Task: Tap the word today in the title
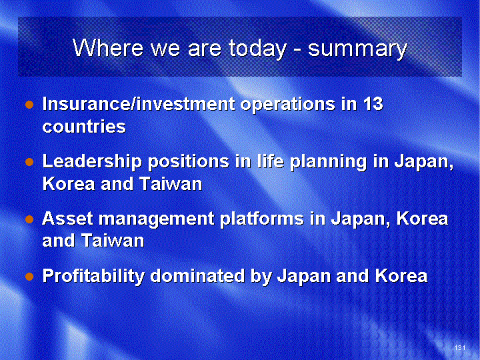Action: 257,49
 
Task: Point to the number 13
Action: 373,103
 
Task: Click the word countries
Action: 84,126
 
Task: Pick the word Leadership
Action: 92,162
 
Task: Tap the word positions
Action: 188,162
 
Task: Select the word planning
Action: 328,162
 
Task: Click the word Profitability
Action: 93,276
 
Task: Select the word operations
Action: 287,105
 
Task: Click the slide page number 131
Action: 460,347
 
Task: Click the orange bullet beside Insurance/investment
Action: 29,105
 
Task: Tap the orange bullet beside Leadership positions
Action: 29,162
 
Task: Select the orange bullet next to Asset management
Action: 29,219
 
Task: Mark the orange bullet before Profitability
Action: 29,277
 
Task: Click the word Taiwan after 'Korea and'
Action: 171,184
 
